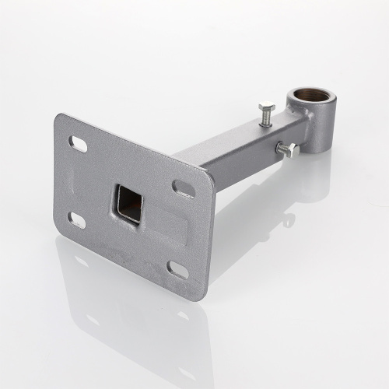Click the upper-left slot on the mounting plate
coord(79,144)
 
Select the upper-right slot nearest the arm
coord(184,188)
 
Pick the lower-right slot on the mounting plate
coord(178,270)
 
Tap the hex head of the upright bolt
coord(265,107)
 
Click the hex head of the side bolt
coord(289,150)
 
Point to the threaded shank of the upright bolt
coord(266,119)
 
